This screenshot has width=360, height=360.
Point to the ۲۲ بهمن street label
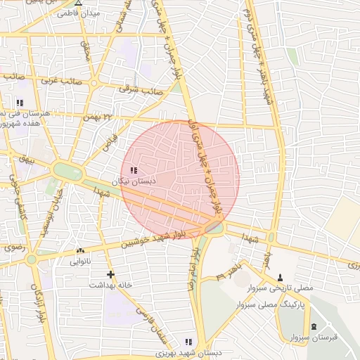(x=98, y=117)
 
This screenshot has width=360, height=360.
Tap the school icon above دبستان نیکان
(x=133, y=170)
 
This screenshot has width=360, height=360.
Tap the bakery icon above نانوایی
(x=79, y=250)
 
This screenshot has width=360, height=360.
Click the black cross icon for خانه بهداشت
(x=110, y=274)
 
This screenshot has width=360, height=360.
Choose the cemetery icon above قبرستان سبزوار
(x=313, y=326)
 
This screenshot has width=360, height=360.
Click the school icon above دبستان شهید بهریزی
(x=187, y=341)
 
